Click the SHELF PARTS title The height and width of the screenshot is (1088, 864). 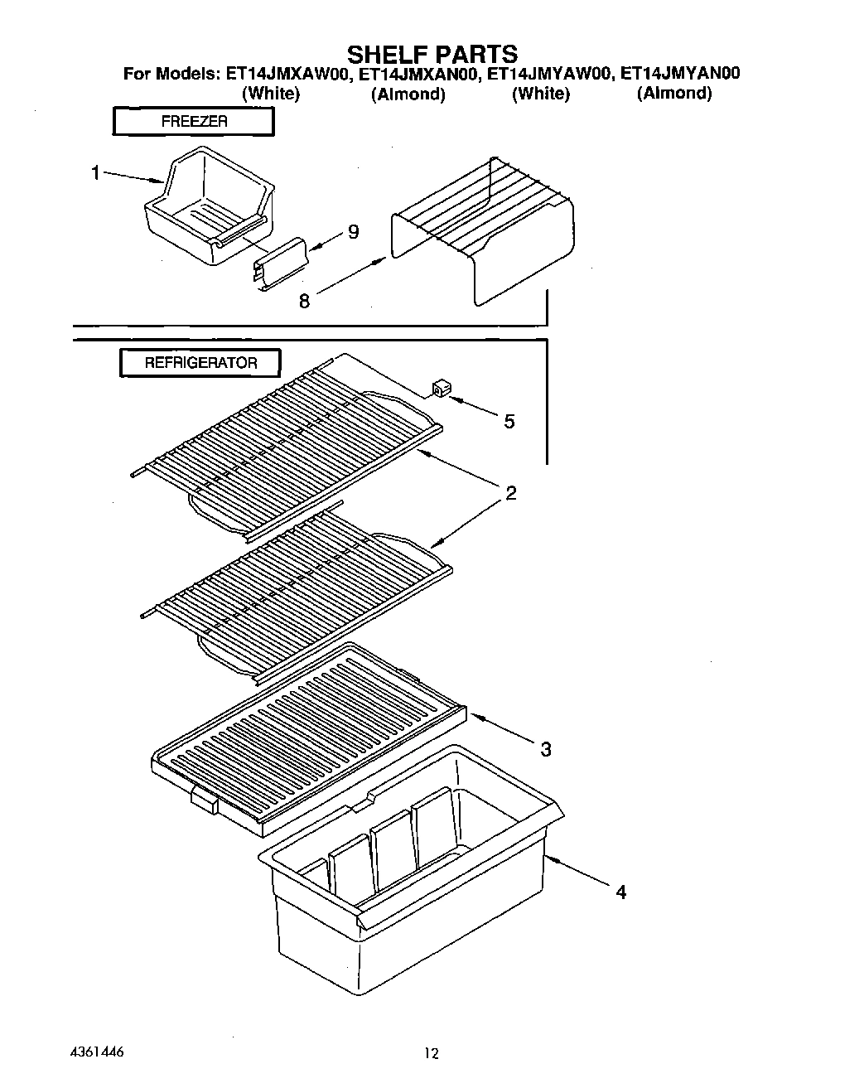tap(432, 54)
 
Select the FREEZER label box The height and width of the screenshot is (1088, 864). tap(194, 121)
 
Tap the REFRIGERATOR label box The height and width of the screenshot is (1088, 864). tap(200, 363)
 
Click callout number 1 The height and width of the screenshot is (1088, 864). tap(96, 172)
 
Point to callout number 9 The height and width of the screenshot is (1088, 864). tap(353, 233)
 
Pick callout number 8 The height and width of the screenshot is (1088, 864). tap(304, 302)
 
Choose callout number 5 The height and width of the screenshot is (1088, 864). tap(509, 422)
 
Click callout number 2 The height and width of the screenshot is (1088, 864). tap(510, 494)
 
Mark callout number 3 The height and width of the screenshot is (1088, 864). tap(546, 750)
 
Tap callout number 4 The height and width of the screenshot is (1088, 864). tap(620, 892)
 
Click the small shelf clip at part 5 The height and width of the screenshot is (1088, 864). tap(440, 387)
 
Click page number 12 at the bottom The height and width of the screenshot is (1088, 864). tap(432, 1054)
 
